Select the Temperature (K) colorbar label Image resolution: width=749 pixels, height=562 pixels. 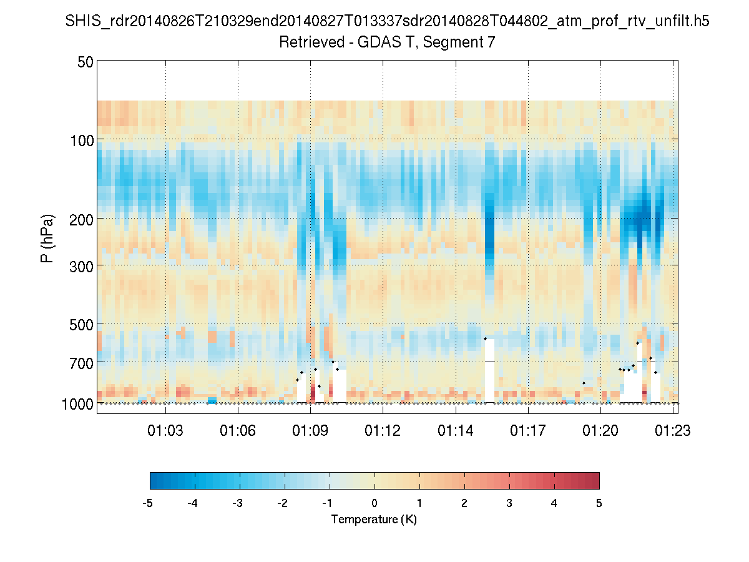(x=374, y=520)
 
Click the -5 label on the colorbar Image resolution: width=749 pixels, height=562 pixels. (x=148, y=503)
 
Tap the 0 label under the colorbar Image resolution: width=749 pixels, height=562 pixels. (x=374, y=503)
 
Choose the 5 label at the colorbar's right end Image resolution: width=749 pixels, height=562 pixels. (x=599, y=503)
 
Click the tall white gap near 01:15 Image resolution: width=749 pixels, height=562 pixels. (x=489, y=371)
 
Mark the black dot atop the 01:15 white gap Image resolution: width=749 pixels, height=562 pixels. (x=485, y=338)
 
